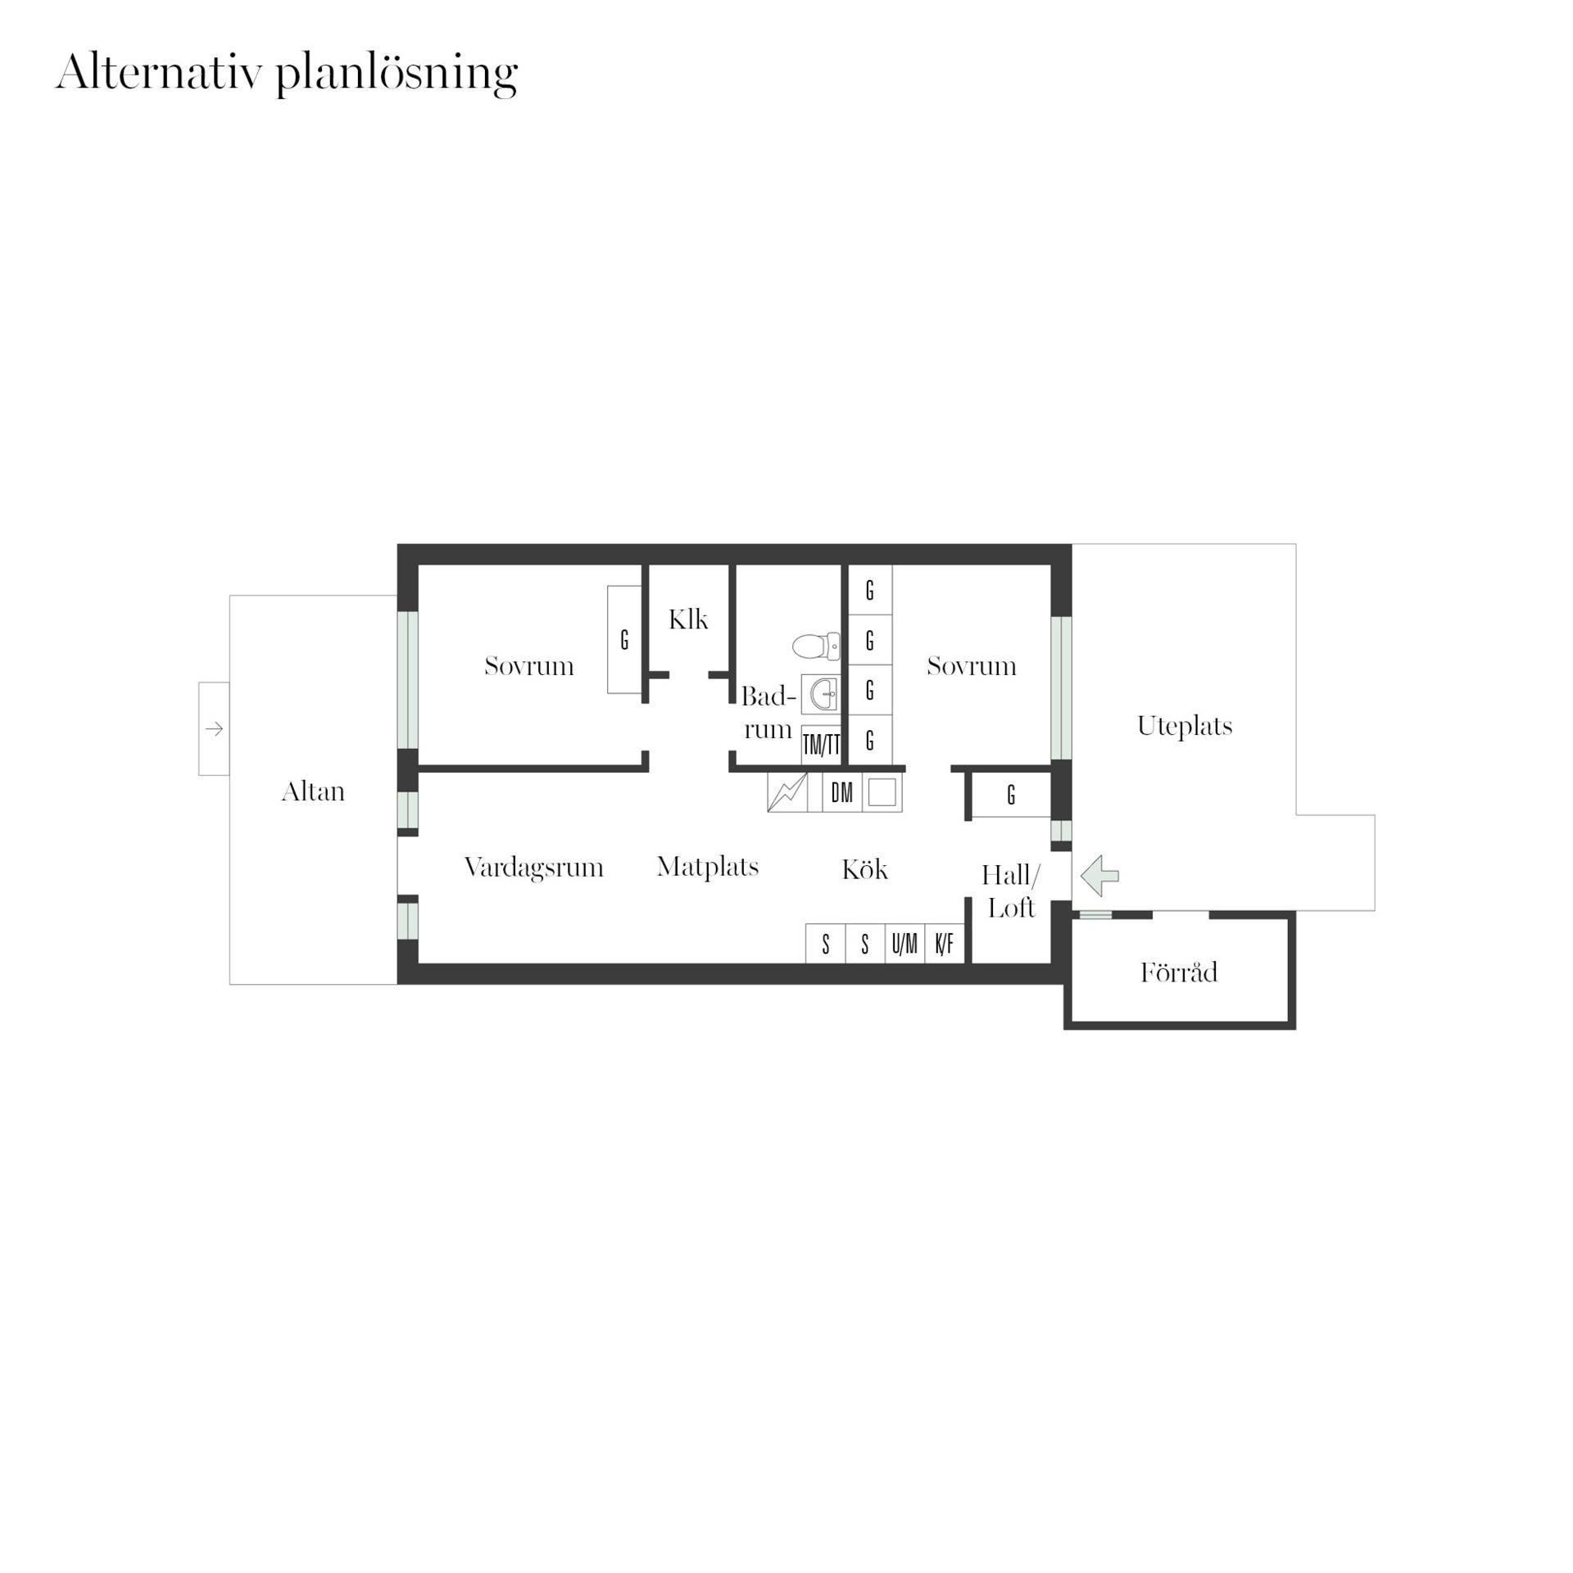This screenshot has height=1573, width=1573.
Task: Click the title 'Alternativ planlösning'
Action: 287,74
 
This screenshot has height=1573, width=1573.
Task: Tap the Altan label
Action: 313,791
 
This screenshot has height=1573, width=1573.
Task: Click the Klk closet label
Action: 688,619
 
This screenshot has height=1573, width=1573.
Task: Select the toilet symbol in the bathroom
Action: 816,646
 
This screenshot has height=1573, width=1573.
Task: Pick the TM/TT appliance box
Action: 821,745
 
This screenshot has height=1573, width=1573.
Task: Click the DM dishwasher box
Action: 841,792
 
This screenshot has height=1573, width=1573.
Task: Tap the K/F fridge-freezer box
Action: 945,944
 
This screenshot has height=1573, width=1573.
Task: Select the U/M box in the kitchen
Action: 904,944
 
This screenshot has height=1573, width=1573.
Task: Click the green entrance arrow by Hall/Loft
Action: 1099,876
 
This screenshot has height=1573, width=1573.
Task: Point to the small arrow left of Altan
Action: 215,728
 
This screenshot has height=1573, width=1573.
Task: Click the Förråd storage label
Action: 1179,972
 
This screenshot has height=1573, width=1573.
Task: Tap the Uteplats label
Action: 1185,726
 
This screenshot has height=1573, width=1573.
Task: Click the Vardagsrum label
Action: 534,868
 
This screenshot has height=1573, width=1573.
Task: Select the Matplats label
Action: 708,867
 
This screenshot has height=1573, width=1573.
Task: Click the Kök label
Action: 864,869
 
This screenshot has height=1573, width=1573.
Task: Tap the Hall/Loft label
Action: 1011,891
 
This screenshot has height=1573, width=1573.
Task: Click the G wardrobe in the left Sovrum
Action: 624,640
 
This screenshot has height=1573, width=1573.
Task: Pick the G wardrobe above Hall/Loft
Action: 1011,794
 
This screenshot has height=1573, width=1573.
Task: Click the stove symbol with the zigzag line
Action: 787,792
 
